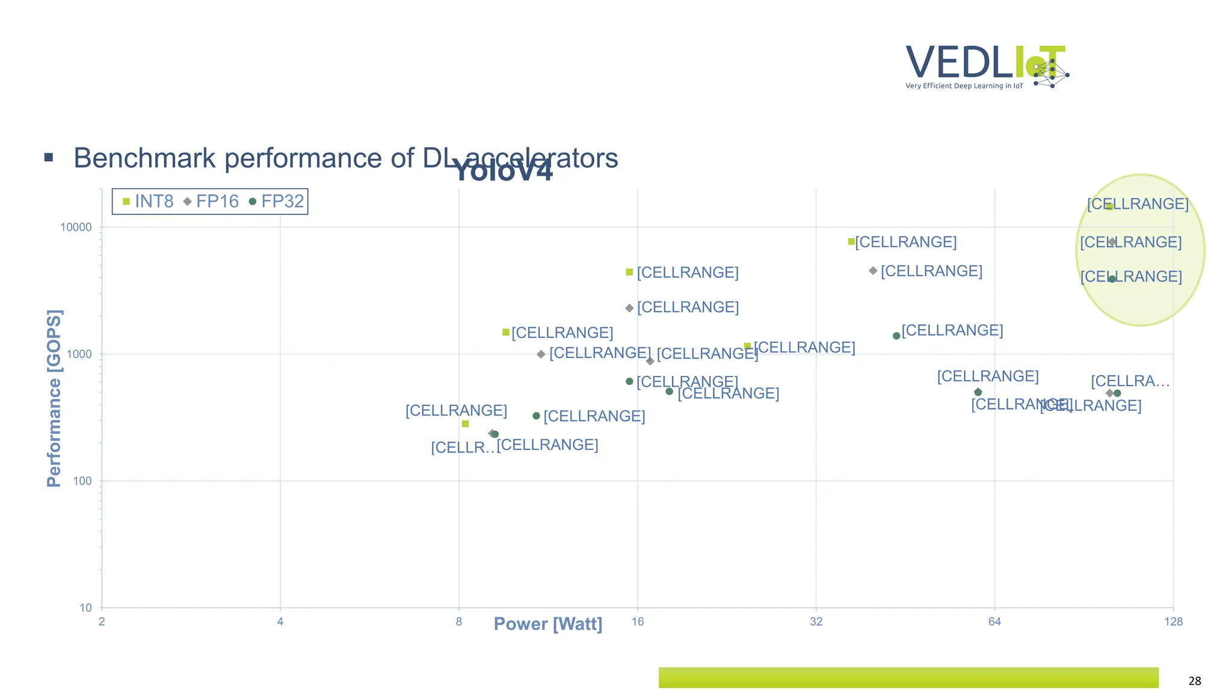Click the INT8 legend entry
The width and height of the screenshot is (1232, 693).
[148, 202]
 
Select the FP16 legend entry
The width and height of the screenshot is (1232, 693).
[211, 202]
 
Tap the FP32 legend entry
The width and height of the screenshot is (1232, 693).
[277, 202]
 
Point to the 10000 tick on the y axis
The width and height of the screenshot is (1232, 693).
[76, 227]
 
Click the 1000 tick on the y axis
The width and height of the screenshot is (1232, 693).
[79, 354]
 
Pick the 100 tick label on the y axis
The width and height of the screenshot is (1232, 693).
[82, 481]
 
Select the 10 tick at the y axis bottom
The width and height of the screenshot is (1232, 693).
[85, 608]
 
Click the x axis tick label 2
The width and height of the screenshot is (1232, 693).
[102, 622]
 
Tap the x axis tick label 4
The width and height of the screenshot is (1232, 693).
[280, 622]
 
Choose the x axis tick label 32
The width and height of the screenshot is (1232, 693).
[816, 622]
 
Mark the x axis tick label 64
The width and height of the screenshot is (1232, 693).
[994, 622]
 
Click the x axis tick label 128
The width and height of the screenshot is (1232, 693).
[1173, 622]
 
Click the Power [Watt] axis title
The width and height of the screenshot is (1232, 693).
[547, 624]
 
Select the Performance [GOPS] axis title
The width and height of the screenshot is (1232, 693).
[54, 398]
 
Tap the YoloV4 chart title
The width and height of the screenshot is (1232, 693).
[502, 171]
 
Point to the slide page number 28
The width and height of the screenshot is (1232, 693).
[1195, 681]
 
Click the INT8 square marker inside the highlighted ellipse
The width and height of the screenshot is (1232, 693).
[1109, 206]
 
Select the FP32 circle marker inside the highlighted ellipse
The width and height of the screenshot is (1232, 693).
[1112, 279]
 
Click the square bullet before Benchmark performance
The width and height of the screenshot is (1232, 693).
[49, 158]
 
